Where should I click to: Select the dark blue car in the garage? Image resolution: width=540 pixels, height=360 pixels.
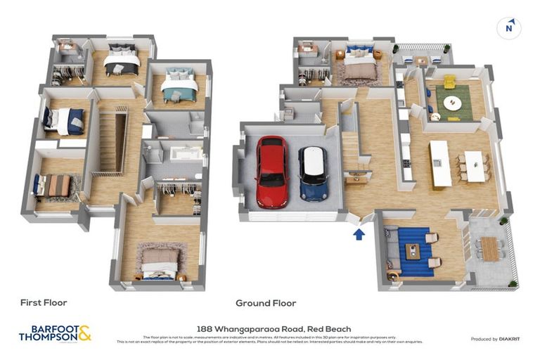point(312,173)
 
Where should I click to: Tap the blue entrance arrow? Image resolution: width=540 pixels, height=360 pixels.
point(359,233)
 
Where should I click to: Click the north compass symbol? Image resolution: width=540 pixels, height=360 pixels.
point(508,28)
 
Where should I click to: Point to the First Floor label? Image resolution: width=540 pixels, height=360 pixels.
point(44,303)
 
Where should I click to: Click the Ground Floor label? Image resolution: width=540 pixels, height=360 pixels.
point(266,303)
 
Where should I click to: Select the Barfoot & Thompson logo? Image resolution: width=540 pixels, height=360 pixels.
point(55,333)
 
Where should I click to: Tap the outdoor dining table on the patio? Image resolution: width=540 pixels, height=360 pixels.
point(490,248)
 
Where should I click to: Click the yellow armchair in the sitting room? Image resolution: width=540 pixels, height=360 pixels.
point(449,82)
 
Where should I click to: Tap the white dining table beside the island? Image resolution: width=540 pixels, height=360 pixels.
point(475,167)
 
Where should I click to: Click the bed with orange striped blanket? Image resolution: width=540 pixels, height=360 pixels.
point(56,186)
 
